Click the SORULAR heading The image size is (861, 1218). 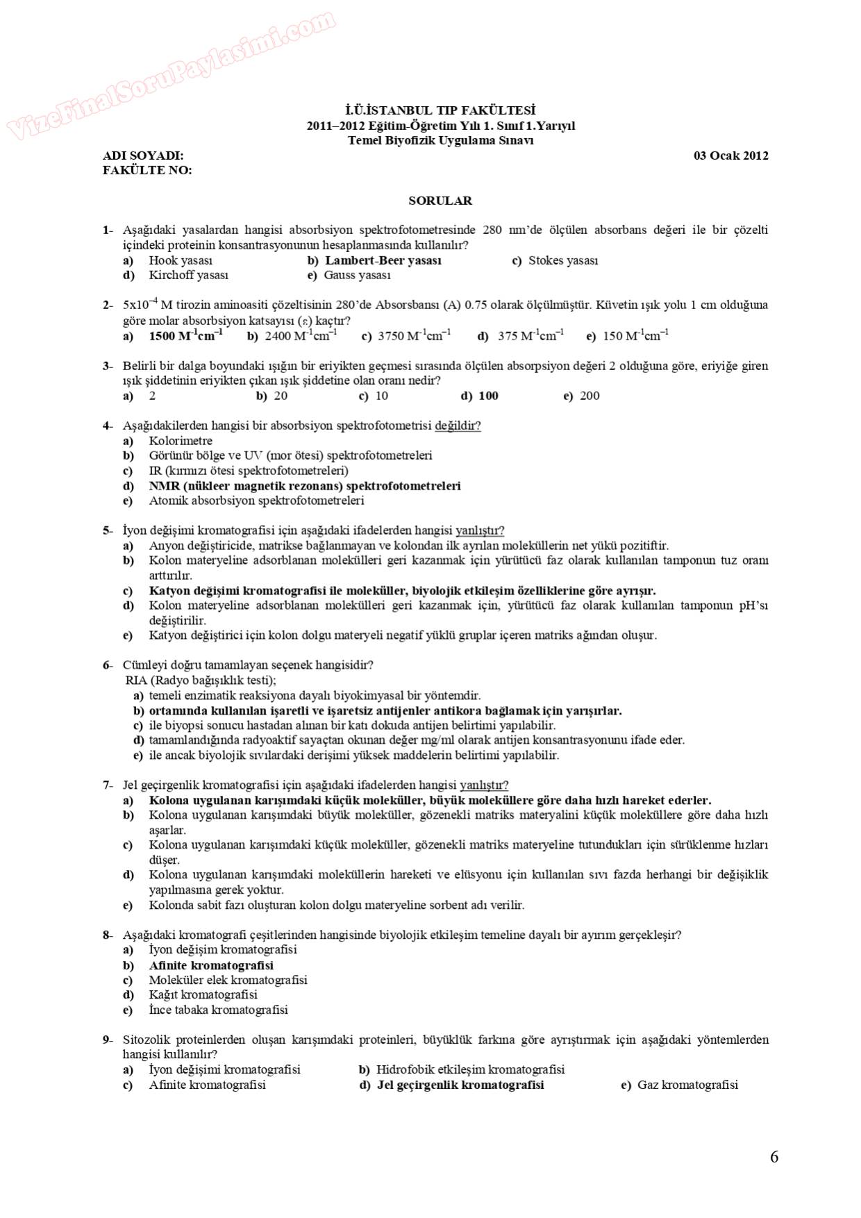[440, 201]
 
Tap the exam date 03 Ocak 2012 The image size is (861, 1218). [730, 156]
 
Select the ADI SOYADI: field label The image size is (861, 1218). [144, 156]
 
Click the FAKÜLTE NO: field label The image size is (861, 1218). [147, 170]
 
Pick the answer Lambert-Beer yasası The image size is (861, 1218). [383, 260]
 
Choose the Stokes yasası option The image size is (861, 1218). [562, 260]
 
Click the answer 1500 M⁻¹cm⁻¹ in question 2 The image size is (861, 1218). [185, 336]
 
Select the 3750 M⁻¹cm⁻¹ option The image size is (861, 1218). [414, 336]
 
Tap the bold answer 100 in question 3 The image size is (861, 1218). [488, 396]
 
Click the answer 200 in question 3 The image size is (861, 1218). [590, 396]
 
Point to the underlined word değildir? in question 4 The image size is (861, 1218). [458, 426]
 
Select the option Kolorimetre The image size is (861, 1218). [181, 441]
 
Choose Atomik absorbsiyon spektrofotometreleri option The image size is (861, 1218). [256, 501]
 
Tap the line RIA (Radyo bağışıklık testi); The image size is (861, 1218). [201, 681]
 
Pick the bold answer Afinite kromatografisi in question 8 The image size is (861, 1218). [211, 965]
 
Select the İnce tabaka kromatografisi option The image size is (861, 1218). [218, 1010]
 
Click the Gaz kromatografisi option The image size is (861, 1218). [687, 1085]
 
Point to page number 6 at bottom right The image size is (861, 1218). [774, 1157]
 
